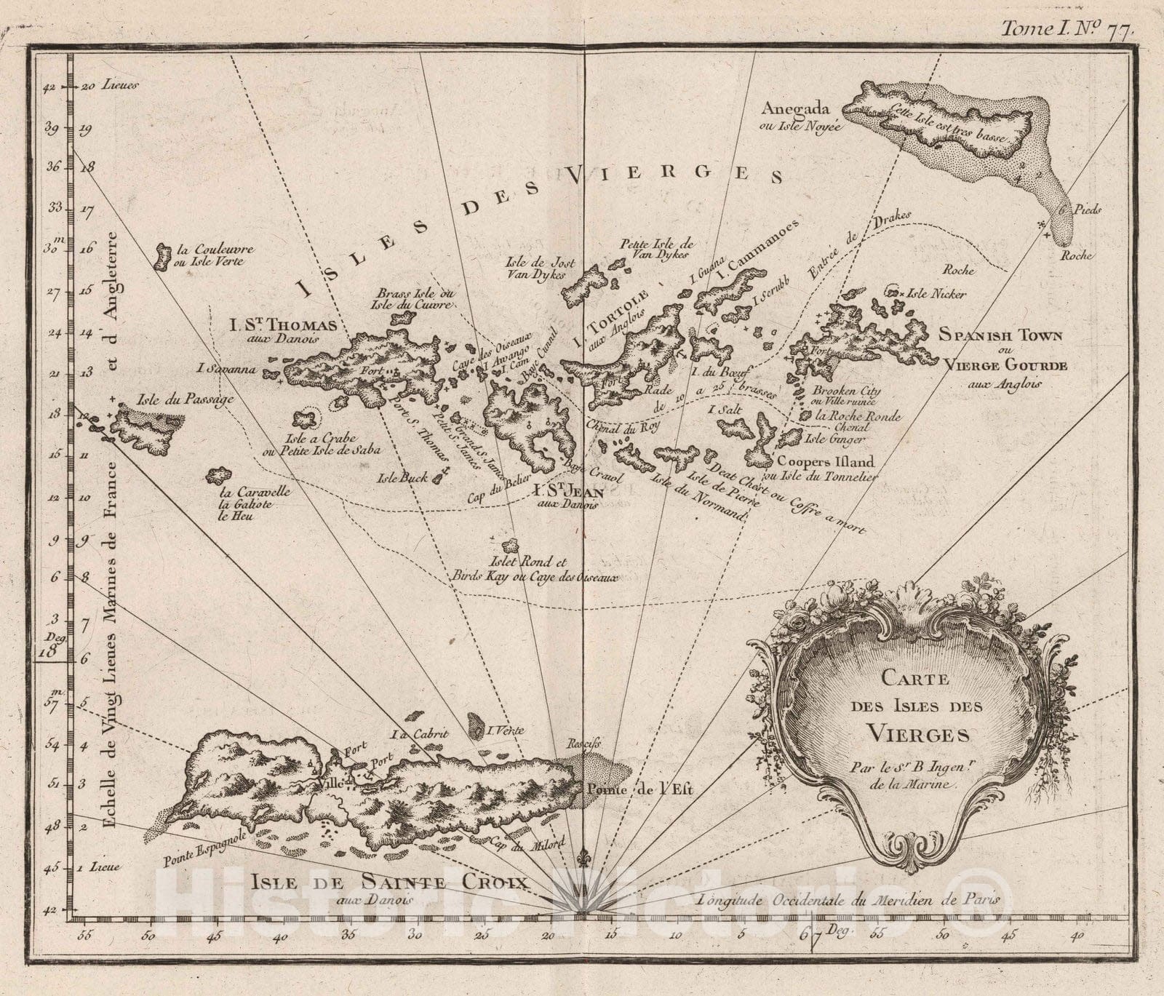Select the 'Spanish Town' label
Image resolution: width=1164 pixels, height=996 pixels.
coord(1000,335)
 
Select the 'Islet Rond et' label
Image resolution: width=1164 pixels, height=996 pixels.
coord(534,562)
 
